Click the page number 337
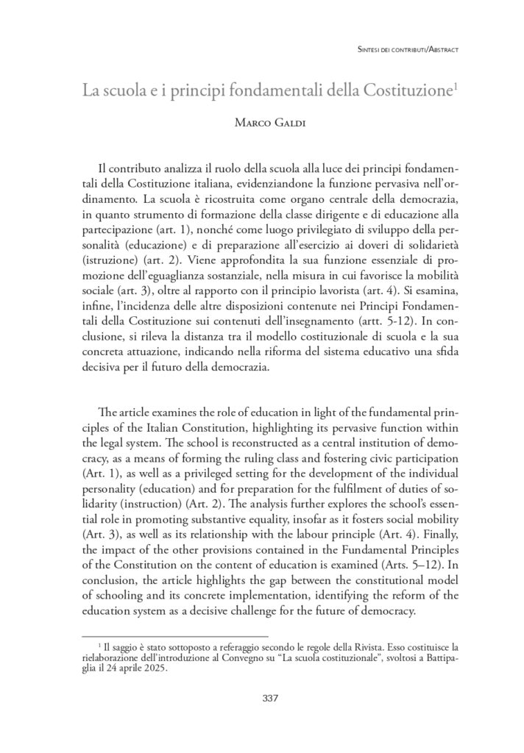(x=270, y=698)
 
